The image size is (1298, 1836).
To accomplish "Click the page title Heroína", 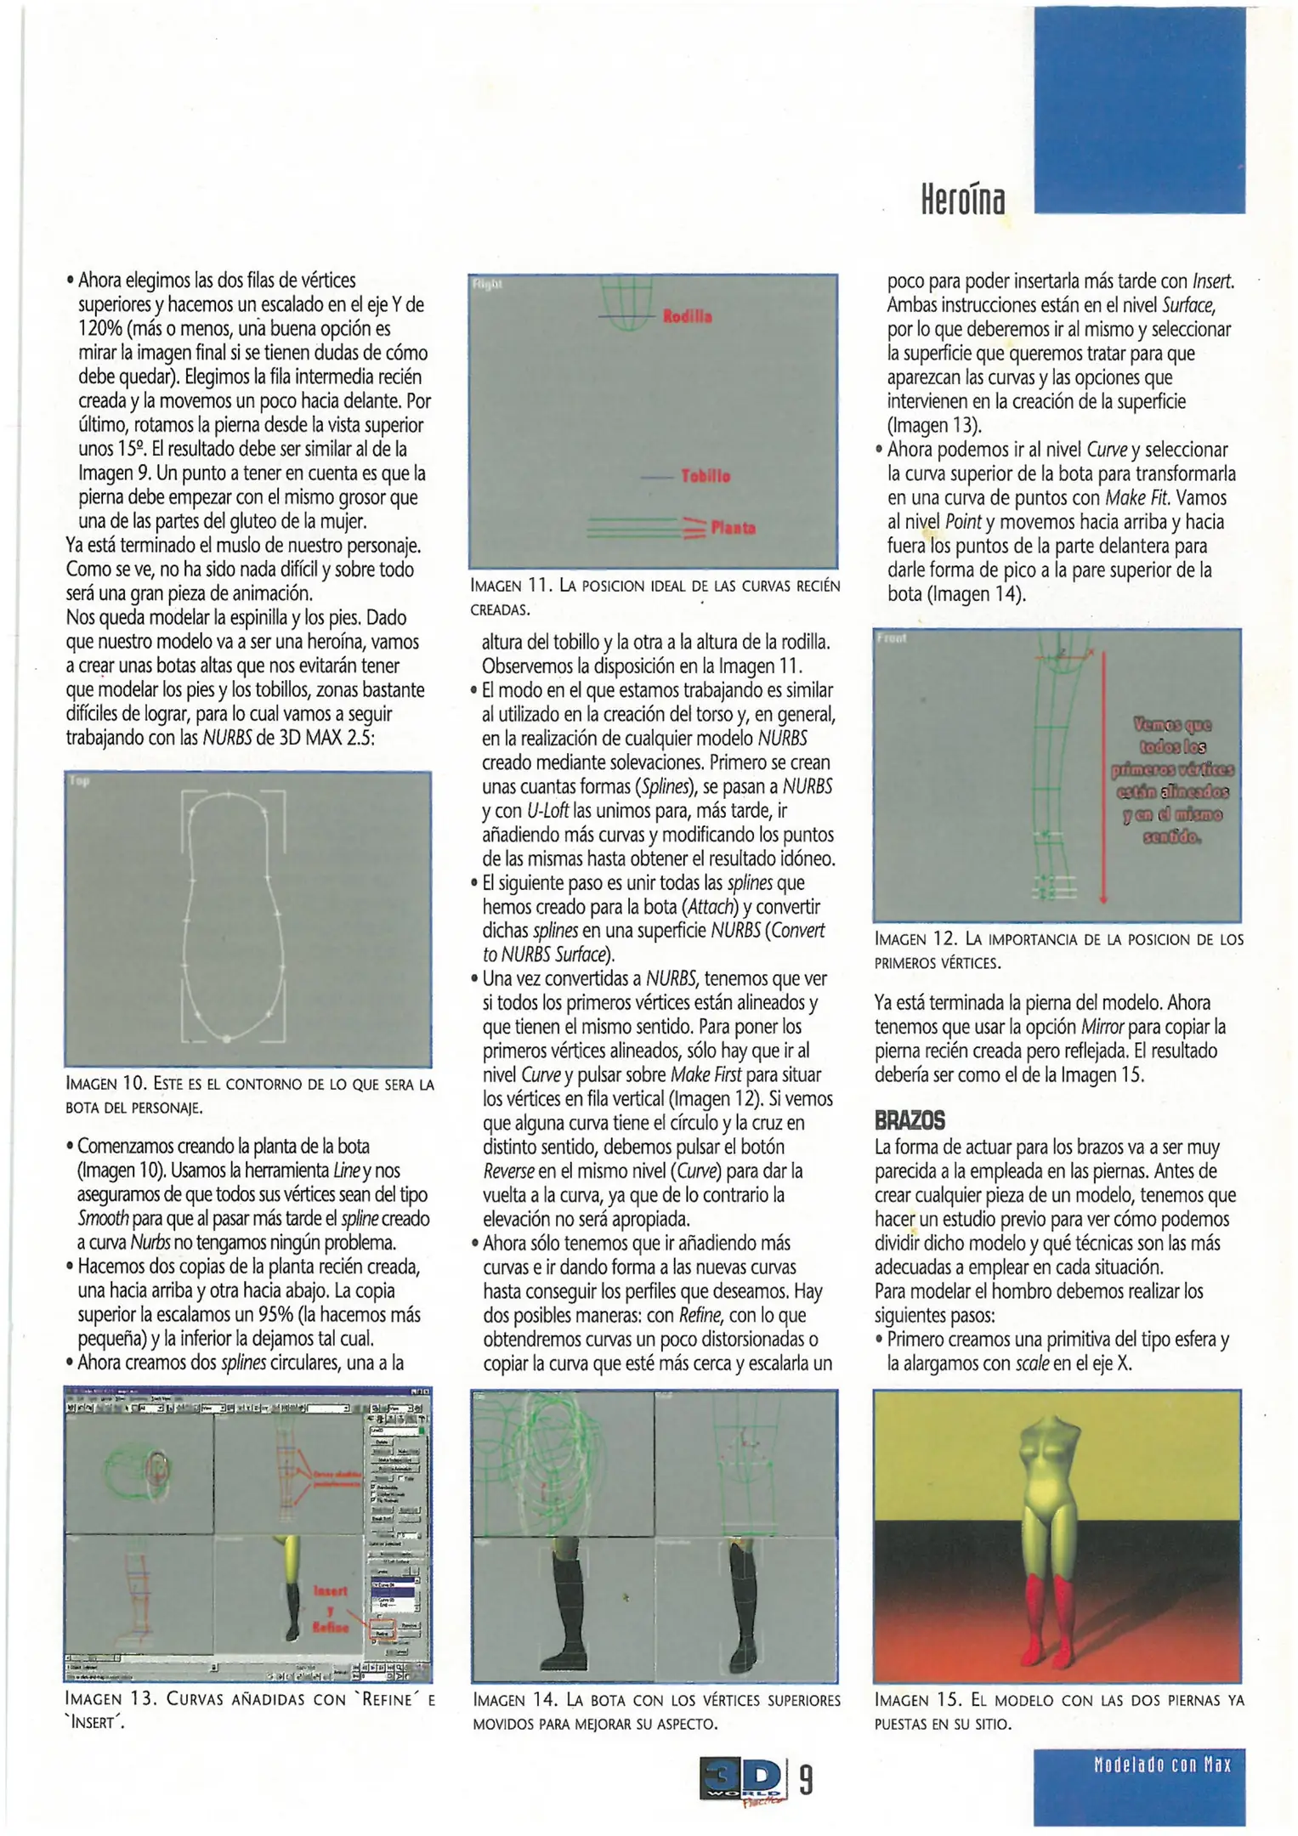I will pyautogui.click(x=962, y=199).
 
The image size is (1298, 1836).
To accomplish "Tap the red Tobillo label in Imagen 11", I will pyautogui.click(x=705, y=476).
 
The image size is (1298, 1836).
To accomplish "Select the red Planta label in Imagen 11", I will pyautogui.click(x=733, y=528).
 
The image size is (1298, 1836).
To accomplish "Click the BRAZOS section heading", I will pyautogui.click(x=910, y=1120).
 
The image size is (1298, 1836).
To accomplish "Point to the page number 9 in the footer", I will pyautogui.click(x=806, y=1780).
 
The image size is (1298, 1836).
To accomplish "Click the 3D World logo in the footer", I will pyautogui.click(x=741, y=1780).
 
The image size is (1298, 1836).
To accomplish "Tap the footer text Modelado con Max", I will pyautogui.click(x=1162, y=1765).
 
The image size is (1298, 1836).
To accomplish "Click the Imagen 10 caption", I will pyautogui.click(x=249, y=1096).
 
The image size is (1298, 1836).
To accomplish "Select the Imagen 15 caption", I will pyautogui.click(x=1058, y=1712).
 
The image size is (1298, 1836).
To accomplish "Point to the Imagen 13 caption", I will pyautogui.click(x=249, y=1710).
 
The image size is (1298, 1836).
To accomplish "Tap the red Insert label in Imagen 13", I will pyautogui.click(x=331, y=1590).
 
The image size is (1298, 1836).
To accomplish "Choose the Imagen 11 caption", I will pyautogui.click(x=655, y=597).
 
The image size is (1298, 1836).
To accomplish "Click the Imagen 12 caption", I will pyautogui.click(x=1058, y=950).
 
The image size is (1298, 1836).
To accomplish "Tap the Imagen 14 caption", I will pyautogui.click(x=655, y=1712).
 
